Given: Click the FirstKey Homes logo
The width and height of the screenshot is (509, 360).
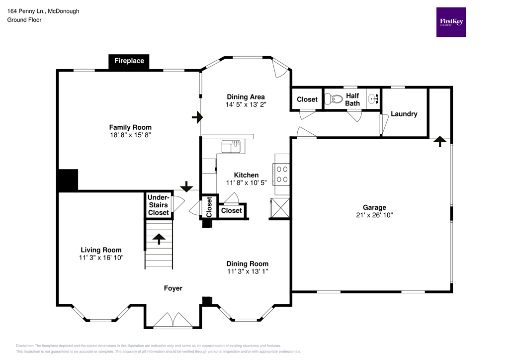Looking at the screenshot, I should pyautogui.click(x=451, y=22).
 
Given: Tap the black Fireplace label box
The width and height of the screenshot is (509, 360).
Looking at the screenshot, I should pyautogui.click(x=129, y=61).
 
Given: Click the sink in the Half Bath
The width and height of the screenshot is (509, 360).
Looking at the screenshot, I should pyautogui.click(x=373, y=98).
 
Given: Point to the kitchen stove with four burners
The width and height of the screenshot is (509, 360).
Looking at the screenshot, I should pyautogui.click(x=282, y=174).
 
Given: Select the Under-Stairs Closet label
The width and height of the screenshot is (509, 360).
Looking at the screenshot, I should pyautogui.click(x=158, y=205).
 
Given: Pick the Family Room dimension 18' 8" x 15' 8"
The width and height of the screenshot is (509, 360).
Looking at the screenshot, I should pyautogui.click(x=130, y=135).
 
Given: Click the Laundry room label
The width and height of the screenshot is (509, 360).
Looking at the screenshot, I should pyautogui.click(x=404, y=114).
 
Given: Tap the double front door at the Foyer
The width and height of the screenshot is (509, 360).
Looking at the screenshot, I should pyautogui.click(x=172, y=321).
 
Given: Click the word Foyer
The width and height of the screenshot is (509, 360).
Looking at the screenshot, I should pyautogui.click(x=173, y=288).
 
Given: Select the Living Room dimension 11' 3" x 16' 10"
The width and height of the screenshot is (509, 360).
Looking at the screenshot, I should pyautogui.click(x=101, y=258).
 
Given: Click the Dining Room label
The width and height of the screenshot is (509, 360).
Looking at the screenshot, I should pyautogui.click(x=247, y=264).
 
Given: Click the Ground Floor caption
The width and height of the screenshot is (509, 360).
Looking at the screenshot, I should pyautogui.click(x=24, y=20).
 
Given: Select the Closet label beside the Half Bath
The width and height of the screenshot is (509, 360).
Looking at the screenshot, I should pyautogui.click(x=307, y=99).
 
